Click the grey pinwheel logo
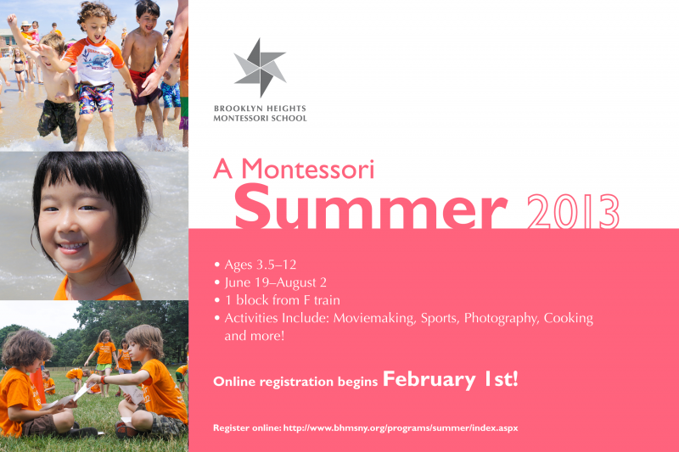(x=260, y=68)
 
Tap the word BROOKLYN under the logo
(x=237, y=109)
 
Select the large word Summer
(x=370, y=206)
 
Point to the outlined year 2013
(x=573, y=211)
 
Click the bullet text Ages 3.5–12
(x=261, y=265)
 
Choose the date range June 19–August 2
(x=275, y=282)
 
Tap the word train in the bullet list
(x=327, y=300)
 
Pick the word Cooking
(x=568, y=318)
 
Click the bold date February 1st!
(x=451, y=379)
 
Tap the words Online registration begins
(x=295, y=382)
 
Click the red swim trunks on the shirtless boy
(x=144, y=86)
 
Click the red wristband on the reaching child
(x=103, y=379)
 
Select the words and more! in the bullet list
(x=254, y=336)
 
